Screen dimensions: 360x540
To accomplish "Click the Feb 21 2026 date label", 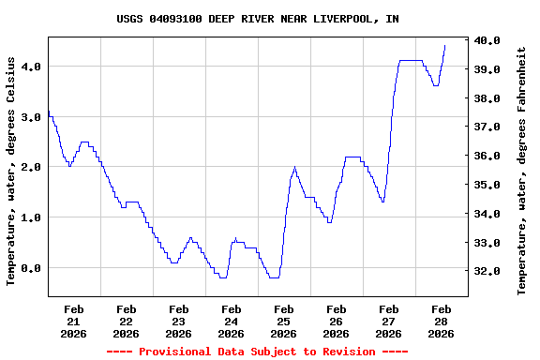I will pos(73,321).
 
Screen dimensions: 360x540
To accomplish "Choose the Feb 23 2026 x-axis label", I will pos(178,321).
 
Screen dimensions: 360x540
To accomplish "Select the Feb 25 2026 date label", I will pos(283,321).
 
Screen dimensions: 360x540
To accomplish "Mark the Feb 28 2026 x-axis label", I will pos(441,321).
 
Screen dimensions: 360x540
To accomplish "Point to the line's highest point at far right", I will pos(444,45).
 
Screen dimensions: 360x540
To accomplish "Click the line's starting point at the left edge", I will pos(48,112).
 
